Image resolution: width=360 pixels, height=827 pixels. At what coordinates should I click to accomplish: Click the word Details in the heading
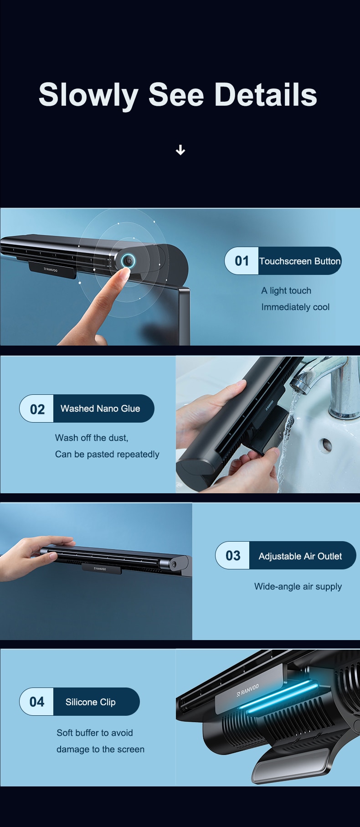tap(266, 95)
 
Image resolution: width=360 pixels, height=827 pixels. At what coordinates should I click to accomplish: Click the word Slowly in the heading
tap(88, 96)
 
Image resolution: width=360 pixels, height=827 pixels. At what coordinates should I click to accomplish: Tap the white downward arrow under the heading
tap(180, 150)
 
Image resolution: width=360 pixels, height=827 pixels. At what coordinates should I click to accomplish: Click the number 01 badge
tap(242, 261)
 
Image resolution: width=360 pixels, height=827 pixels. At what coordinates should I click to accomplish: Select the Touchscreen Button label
tap(300, 261)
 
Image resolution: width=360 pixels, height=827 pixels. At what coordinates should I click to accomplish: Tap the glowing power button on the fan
tap(128, 261)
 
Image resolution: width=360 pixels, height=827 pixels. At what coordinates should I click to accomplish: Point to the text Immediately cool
tap(295, 307)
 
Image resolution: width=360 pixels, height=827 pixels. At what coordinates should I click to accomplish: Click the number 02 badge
tap(37, 409)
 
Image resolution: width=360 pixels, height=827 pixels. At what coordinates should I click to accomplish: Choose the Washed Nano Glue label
tap(100, 408)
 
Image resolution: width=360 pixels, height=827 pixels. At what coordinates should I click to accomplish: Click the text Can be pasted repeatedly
tap(107, 454)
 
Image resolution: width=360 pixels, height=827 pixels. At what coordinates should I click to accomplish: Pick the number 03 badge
tap(233, 555)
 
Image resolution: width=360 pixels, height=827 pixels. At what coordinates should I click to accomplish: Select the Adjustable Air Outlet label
tap(300, 556)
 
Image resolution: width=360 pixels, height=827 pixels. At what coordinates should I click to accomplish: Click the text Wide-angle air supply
tap(298, 586)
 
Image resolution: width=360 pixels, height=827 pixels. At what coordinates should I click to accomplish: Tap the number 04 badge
tap(37, 702)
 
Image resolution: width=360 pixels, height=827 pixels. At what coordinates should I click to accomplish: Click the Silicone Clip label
tap(91, 702)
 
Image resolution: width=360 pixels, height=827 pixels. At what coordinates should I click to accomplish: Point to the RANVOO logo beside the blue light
tap(248, 690)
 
